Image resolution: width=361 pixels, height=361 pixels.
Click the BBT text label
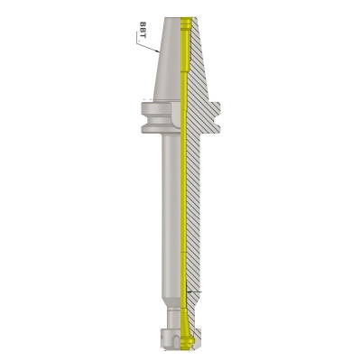click(x=143, y=30)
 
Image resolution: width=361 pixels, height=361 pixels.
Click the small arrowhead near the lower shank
click(x=189, y=292)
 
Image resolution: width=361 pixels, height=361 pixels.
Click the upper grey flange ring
click(x=156, y=109)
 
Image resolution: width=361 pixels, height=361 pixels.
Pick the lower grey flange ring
click(x=156, y=129)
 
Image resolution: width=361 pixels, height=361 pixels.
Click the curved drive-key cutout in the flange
click(x=176, y=115)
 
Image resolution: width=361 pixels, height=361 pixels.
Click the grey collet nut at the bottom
click(x=171, y=339)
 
